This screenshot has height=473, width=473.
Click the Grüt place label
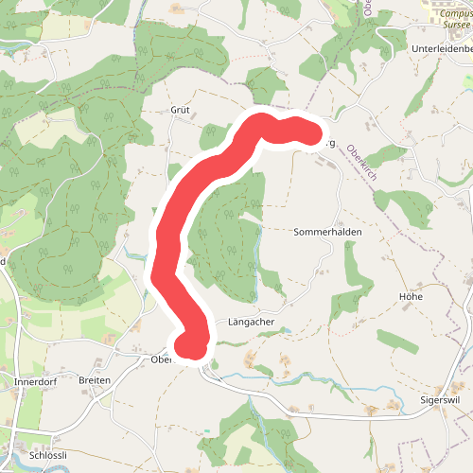(x=180, y=110)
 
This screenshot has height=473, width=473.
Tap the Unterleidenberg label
(x=442, y=47)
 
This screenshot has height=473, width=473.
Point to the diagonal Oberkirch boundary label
(x=361, y=161)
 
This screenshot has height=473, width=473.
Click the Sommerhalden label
(x=328, y=231)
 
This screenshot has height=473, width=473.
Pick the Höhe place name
(x=410, y=296)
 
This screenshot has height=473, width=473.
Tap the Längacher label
(x=251, y=322)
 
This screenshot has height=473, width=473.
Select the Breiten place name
(x=95, y=380)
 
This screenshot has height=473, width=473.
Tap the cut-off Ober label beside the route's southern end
(x=161, y=359)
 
